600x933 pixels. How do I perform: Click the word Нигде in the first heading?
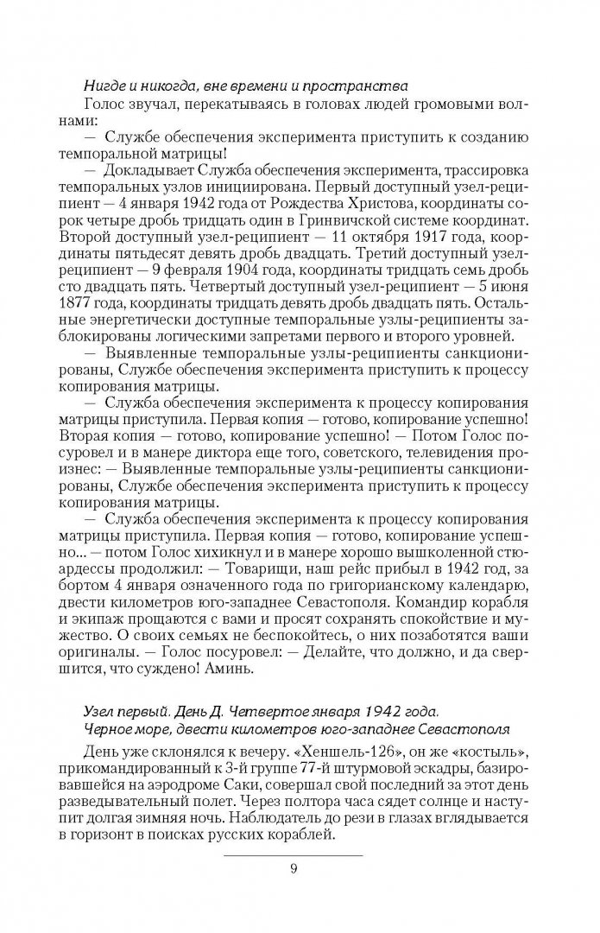click(103, 85)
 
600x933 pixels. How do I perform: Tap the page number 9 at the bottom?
click(294, 869)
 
